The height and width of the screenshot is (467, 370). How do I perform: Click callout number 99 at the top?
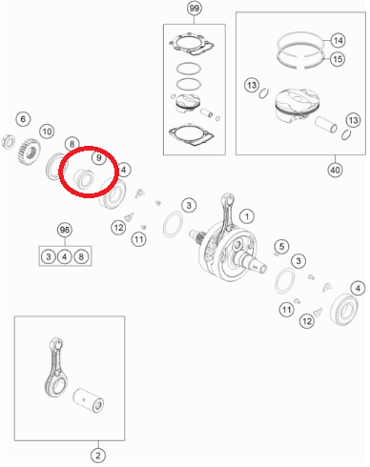tap(194, 8)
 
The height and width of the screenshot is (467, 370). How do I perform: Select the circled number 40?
tap(335, 170)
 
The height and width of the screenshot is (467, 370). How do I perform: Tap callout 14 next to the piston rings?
tap(338, 40)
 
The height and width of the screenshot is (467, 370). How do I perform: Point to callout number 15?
tap(338, 59)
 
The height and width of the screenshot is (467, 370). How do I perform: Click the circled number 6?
tap(23, 119)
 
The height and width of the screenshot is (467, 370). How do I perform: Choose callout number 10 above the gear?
tap(47, 132)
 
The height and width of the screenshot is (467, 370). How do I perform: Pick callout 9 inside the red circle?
tap(99, 157)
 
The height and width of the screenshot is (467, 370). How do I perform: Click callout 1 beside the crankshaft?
tap(247, 216)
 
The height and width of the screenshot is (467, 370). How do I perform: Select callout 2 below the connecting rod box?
tap(98, 456)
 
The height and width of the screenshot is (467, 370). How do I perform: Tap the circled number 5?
tap(281, 246)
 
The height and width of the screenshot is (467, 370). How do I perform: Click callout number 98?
tap(65, 230)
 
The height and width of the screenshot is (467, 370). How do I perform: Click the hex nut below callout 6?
tap(9, 142)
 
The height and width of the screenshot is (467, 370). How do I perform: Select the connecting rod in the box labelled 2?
tap(56, 368)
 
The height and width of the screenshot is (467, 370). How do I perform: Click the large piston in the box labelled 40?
tap(297, 106)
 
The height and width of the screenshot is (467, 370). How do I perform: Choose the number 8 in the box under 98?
tap(81, 256)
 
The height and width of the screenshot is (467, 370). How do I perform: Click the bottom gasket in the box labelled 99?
tap(191, 134)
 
